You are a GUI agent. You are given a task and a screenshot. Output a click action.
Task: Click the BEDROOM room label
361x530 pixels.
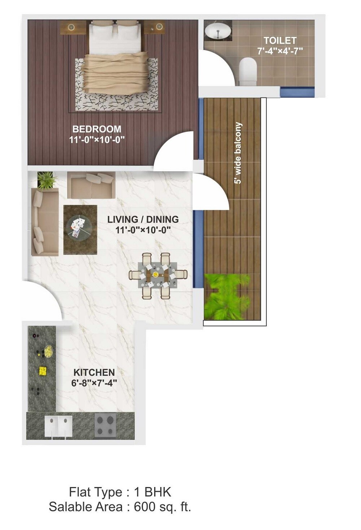pos(97,129)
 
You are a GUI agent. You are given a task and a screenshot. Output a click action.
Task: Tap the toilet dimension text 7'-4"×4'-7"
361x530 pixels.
pos(280,51)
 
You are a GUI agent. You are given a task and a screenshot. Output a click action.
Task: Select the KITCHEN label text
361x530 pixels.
pos(94,372)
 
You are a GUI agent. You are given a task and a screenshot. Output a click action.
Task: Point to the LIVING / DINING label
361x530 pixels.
pos(143,219)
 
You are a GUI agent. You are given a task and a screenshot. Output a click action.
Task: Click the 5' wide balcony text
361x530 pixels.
pos(238,153)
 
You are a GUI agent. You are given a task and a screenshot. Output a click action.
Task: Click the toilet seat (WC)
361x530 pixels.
pos(248,70)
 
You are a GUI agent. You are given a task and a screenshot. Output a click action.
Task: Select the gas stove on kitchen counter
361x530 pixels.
pos(105,425)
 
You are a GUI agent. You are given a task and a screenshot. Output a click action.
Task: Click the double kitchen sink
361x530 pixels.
pos(58,427)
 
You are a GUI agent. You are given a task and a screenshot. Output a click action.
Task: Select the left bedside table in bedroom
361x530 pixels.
pos(71,27)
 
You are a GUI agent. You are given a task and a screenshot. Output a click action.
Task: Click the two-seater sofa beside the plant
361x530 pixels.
pos(91,185)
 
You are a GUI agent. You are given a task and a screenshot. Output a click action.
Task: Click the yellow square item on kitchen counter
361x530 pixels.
pos(43,370)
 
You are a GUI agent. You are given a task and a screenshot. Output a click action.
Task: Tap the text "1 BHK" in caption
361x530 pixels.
pos(152,492)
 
